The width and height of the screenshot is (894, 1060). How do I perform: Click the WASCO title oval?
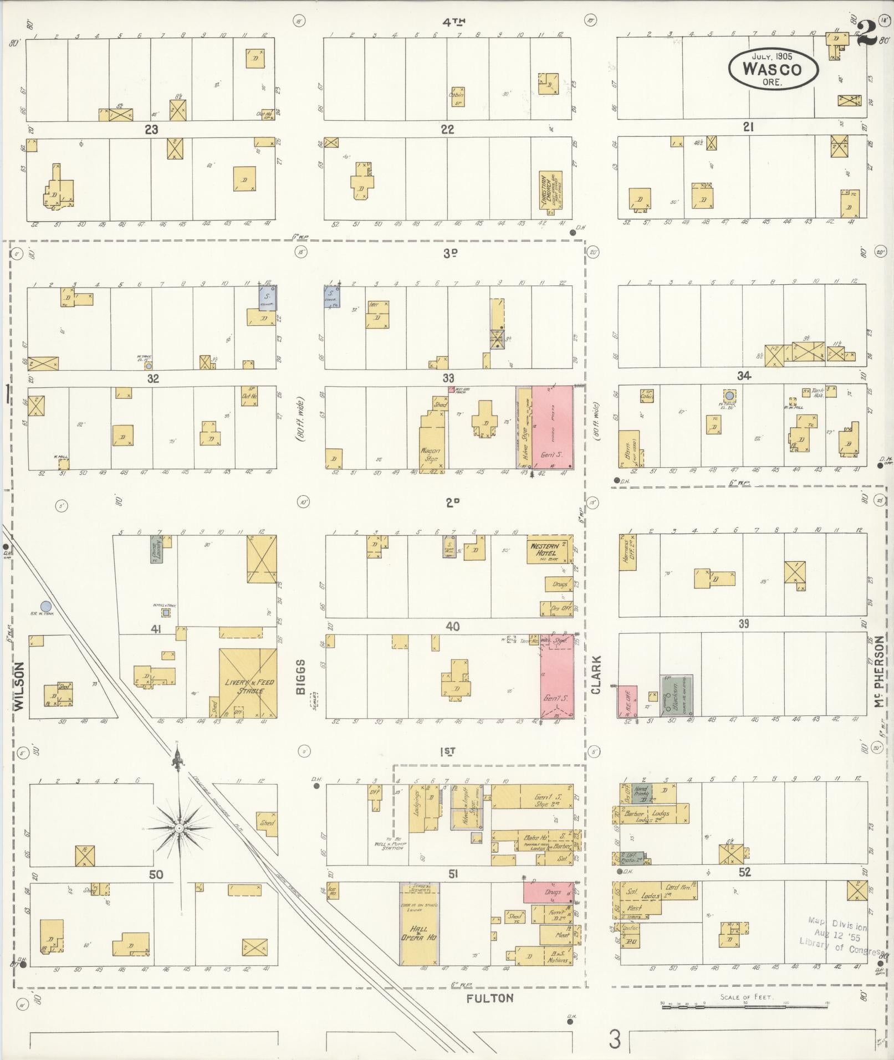(773, 68)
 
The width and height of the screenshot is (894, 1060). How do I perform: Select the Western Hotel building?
(549, 549)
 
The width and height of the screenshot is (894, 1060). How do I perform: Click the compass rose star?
(179, 828)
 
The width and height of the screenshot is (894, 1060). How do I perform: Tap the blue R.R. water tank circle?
(47, 607)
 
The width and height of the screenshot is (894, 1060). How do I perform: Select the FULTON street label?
(489, 998)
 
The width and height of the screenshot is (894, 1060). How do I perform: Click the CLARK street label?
(596, 675)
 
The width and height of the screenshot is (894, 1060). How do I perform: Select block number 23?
(151, 130)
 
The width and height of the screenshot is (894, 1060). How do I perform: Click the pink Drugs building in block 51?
(548, 892)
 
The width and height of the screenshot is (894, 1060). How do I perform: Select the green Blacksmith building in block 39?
(676, 695)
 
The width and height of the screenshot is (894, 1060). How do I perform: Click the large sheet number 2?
(866, 34)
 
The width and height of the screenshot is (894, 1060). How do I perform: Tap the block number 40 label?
(453, 626)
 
